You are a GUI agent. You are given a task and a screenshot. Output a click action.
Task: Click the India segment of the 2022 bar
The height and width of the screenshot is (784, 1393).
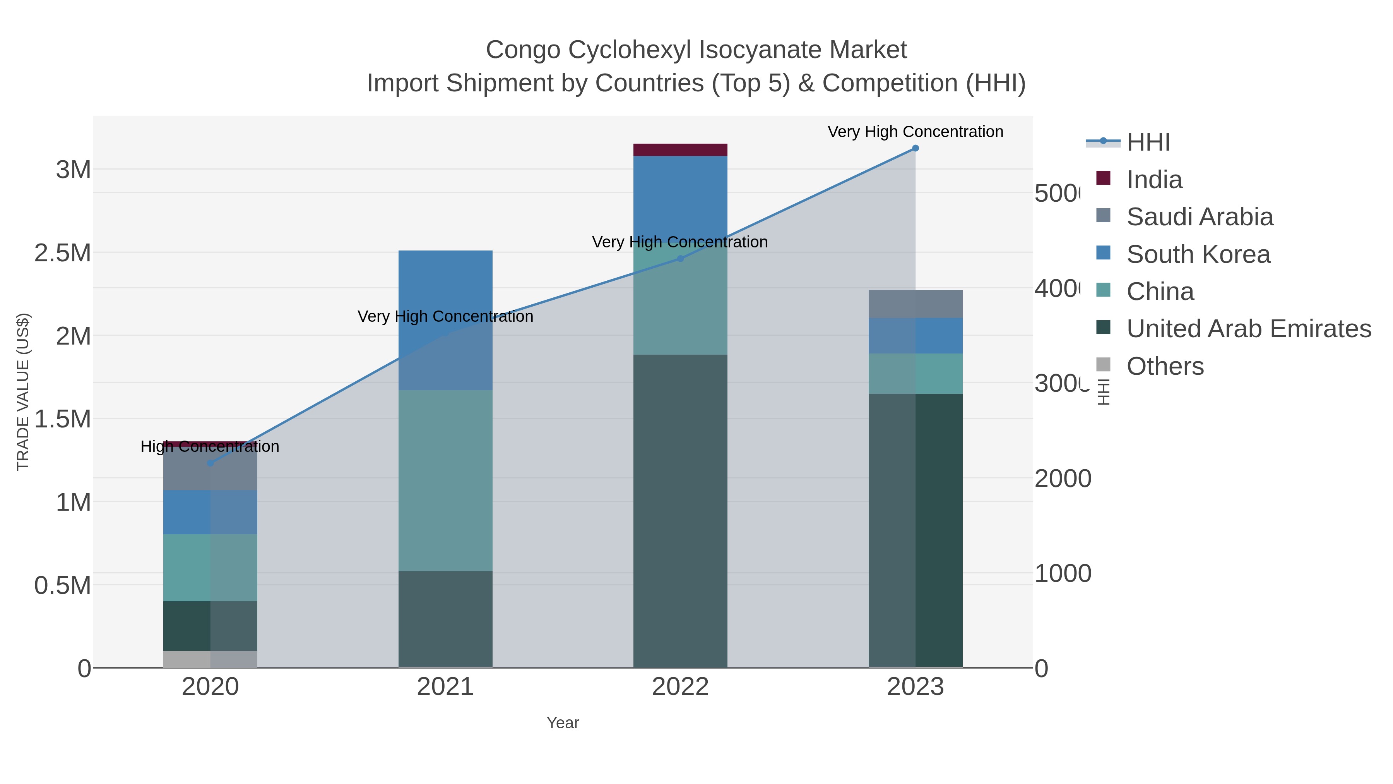coord(680,150)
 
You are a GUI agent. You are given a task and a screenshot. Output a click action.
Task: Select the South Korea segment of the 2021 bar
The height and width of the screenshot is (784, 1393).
coord(445,320)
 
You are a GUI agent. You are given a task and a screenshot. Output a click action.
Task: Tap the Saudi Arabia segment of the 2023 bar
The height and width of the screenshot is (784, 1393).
coord(915,304)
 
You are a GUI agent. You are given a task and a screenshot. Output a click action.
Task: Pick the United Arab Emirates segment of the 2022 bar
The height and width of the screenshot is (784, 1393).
coord(680,511)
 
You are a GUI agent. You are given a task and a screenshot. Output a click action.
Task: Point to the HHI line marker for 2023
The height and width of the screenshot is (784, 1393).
coord(915,148)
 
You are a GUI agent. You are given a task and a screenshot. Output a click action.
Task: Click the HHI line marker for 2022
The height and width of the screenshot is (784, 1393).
coord(680,259)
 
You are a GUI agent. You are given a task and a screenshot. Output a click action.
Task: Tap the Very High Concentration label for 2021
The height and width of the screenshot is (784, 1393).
coord(445,317)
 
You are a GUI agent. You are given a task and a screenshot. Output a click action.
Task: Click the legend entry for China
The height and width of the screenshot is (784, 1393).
coord(1160,292)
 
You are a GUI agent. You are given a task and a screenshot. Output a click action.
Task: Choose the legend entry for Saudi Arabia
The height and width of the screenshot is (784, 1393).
coord(1200,217)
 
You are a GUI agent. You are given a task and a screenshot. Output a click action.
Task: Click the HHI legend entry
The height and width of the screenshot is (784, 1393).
coord(1148,142)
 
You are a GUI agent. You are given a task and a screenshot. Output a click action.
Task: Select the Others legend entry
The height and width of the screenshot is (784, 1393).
coord(1165,366)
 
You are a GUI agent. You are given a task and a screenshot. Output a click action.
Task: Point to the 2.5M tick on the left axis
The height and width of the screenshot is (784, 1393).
coord(63,253)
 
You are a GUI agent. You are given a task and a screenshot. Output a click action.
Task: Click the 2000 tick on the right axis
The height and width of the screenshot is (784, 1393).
coord(1062,479)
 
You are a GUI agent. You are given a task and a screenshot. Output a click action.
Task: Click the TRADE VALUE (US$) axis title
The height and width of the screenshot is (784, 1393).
coord(23,392)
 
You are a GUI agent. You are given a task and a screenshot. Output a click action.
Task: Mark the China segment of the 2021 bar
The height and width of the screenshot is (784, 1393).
coord(445,480)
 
